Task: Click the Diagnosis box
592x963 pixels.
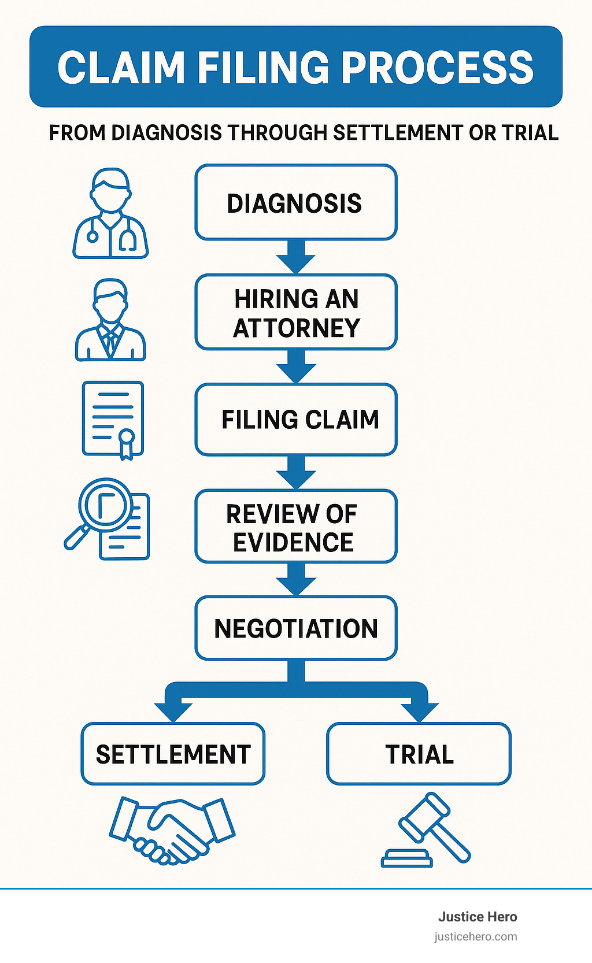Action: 295,203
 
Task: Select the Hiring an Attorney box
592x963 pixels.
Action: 295,313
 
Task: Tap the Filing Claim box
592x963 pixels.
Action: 295,420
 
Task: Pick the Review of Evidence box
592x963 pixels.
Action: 295,527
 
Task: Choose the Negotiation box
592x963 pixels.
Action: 295,628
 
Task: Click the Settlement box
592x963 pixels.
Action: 173,754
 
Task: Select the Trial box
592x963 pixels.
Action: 419,754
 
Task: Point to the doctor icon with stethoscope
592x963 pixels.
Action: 110,214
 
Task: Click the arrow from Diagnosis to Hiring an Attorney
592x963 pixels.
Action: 295,256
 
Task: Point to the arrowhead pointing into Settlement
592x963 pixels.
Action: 173,710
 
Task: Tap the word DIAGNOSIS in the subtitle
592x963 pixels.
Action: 166,133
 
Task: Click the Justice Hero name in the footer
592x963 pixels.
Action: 477,917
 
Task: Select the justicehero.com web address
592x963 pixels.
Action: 475,936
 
